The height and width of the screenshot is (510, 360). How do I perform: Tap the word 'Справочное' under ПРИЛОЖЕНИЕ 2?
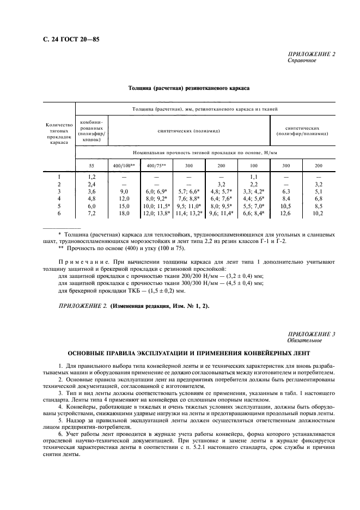[x=301, y=60]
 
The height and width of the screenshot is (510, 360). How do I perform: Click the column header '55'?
[x=91, y=165]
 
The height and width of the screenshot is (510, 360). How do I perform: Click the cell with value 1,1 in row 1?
[x=253, y=177]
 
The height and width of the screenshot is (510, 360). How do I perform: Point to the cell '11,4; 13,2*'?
[x=188, y=214]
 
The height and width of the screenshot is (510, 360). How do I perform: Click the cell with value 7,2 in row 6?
[x=91, y=214]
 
